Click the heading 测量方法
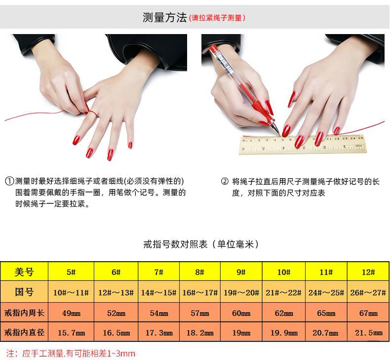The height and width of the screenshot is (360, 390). [164, 17]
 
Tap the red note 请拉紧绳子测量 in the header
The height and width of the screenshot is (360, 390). [217, 18]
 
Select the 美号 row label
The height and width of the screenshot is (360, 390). [24, 272]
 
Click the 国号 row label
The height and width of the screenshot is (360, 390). [24, 292]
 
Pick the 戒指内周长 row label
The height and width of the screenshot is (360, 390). [24, 313]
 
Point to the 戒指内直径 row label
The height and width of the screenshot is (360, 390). [24, 332]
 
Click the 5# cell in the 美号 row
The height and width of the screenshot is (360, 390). [71, 272]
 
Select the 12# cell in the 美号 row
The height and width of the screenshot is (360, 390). [368, 272]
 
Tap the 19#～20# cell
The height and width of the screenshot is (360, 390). [241, 292]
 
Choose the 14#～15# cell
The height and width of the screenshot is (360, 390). [158, 292]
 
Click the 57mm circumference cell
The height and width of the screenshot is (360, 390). [200, 313]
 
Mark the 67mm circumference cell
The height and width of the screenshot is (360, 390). [368, 313]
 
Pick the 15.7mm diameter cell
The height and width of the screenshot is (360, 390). [71, 333]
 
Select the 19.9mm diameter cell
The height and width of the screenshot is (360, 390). [284, 333]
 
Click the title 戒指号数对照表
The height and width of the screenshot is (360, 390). [175, 244]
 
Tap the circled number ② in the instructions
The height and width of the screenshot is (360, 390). [224, 181]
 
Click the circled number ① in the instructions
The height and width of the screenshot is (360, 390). [9, 181]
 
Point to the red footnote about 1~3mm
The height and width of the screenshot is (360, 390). [71, 353]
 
